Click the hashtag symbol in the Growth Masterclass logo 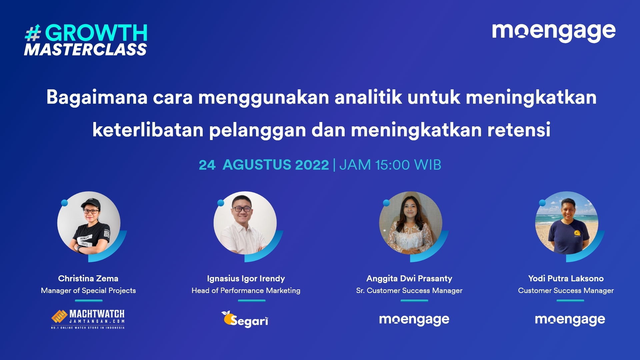point(33,33)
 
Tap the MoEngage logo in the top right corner point(554,32)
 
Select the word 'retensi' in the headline point(519,130)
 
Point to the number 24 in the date point(207,165)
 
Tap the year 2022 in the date point(312,165)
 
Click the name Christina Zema point(88,278)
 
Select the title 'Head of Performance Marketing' point(246,290)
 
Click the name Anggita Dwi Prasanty point(409,279)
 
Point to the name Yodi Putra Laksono point(566,278)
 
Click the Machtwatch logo point(88,319)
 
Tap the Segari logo point(245,319)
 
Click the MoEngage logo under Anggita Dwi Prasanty point(414,320)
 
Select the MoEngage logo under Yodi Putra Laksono point(570,320)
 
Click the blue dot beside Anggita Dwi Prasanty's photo point(386,203)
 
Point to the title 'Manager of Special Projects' point(88,291)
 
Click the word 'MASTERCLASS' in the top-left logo point(85,50)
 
